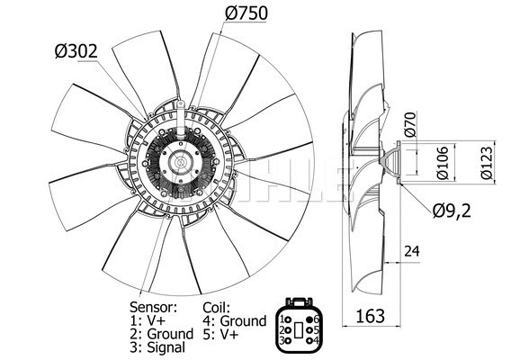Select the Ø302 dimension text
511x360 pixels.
coord(77,52)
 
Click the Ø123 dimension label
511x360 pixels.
coord(485,163)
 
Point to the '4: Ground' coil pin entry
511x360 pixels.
coord(234,320)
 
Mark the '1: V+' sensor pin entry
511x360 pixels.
coord(149,320)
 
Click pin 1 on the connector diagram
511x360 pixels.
coord(287,319)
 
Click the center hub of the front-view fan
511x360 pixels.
coord(184,166)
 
